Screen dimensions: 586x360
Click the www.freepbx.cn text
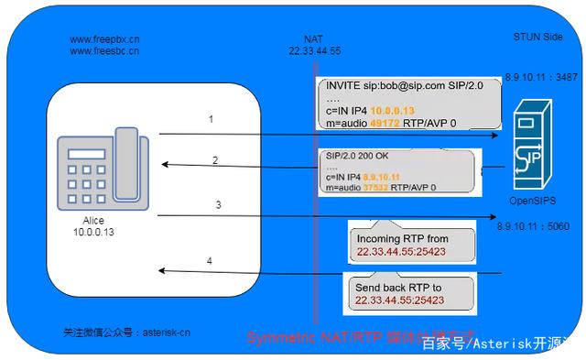tap(104, 40)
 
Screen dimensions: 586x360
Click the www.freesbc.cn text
tap(104, 52)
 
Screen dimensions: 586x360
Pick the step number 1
tap(211, 119)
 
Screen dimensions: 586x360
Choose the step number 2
tap(215, 160)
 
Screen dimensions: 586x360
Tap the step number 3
tap(218, 204)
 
